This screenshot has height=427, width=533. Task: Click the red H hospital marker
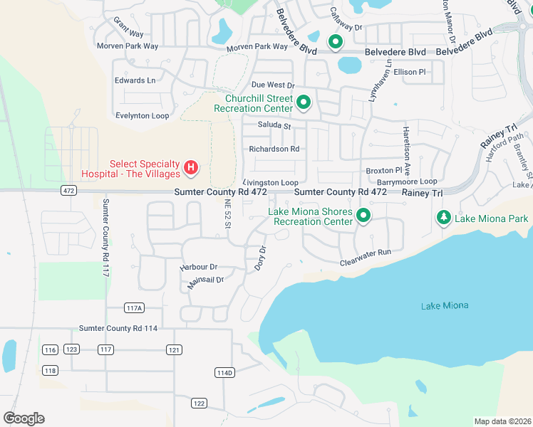pos(191,168)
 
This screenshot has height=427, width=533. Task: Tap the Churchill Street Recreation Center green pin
pos(304,103)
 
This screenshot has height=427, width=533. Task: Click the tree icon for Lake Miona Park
pos(443,218)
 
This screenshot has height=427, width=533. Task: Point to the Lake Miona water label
pos(445,305)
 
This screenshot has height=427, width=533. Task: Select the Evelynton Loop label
pos(142,115)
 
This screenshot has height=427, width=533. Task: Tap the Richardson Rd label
pos(274,149)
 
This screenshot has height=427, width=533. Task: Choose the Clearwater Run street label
pos(366,253)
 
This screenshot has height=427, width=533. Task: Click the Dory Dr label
pos(260,258)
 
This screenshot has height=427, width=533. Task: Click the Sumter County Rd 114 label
pos(118,328)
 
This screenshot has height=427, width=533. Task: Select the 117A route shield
pos(134,307)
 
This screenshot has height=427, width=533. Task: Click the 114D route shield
pos(224,372)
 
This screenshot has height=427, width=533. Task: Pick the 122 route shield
pos(199,404)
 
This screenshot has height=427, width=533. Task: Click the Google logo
pos(24,418)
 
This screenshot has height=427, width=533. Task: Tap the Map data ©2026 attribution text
pos(502,421)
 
